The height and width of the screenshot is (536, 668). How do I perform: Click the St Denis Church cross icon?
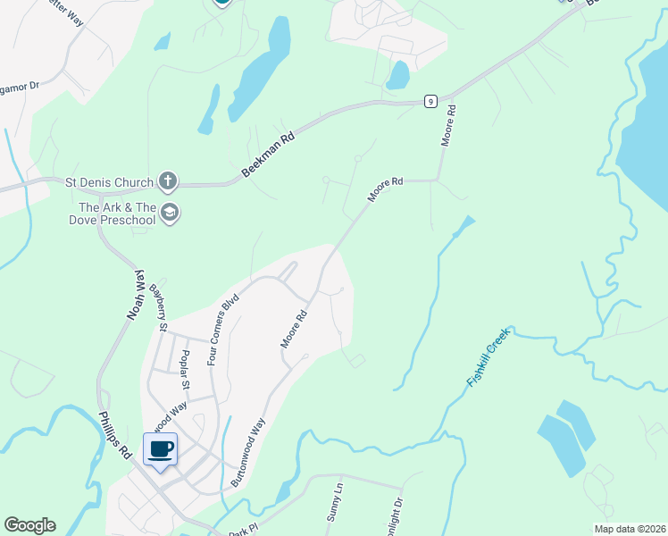coord(166,182)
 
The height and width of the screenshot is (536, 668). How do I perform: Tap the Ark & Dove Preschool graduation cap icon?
coord(170,213)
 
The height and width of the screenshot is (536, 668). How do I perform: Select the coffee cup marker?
coord(161,449)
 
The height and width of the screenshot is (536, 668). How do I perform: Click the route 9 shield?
coord(430,101)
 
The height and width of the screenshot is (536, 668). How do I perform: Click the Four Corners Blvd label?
coord(223,329)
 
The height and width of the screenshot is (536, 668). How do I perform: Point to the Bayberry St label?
coord(159,307)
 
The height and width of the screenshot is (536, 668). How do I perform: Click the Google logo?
coord(29,525)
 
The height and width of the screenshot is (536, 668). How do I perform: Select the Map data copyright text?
coord(629,529)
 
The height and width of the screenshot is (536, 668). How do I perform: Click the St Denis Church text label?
coord(110,183)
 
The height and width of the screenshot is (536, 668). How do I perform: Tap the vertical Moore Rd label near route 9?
coord(449,126)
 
